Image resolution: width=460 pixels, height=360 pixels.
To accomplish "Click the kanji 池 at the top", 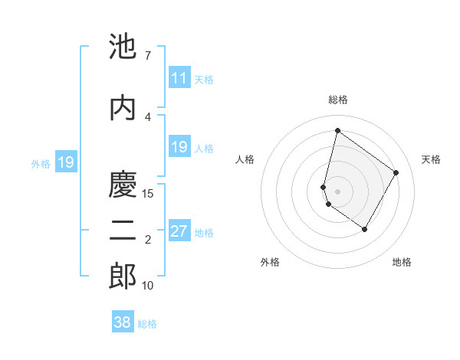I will (x=123, y=47).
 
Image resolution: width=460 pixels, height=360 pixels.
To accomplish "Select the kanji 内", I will (x=123, y=106).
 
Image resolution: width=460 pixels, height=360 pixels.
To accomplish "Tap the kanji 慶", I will (x=123, y=184).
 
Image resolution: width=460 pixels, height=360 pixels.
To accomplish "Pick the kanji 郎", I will (x=123, y=277).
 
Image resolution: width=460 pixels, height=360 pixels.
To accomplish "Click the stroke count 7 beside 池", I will (x=147, y=56).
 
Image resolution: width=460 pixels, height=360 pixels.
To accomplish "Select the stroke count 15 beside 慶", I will (x=148, y=194).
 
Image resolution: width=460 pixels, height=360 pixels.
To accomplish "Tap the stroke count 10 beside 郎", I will (x=148, y=286).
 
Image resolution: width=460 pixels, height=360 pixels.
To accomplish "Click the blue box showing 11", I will (x=179, y=78).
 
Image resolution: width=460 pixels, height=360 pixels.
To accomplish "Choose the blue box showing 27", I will (x=179, y=232).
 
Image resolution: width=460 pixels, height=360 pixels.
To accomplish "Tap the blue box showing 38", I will (x=123, y=322).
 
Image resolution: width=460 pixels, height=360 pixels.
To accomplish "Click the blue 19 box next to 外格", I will (x=65, y=162).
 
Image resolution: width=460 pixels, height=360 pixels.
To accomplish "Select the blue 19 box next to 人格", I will (x=179, y=147).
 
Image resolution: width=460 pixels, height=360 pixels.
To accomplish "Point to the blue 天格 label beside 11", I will (x=204, y=79).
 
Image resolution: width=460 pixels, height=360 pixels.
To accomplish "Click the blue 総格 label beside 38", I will (x=147, y=323).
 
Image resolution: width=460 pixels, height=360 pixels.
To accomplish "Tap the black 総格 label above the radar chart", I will (x=337, y=100).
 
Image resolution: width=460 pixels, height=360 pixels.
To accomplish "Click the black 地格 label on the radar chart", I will (x=402, y=262).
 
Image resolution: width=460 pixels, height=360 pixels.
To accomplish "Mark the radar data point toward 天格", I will (x=396, y=172).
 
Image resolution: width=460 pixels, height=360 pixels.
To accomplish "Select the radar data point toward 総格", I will (x=337, y=130).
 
